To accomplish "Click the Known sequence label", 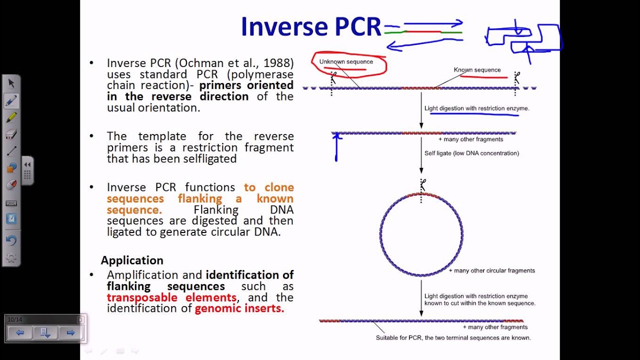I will pos(477,70).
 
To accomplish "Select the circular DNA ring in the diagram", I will pos(380,235).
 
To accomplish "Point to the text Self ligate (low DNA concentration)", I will pos(471,153).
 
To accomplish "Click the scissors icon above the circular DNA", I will pos(423,184).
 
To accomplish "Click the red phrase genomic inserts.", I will pos(239,308).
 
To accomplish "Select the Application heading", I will pos(132,260).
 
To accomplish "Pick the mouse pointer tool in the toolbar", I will pos(11,83).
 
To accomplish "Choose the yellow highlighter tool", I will pos(11,117).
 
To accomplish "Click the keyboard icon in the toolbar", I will pos(11,203).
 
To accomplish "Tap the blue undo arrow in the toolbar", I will pos(11,240).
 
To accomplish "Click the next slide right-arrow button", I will pos(70,332).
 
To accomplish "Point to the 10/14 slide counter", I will pos(15,319).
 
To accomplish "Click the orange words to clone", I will pos(268,187).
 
